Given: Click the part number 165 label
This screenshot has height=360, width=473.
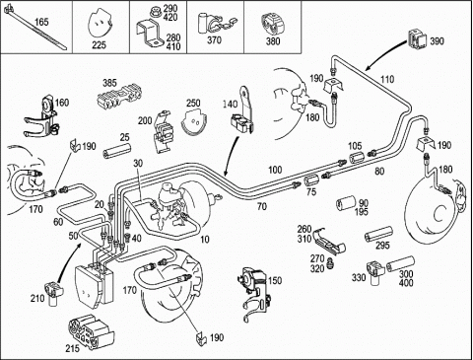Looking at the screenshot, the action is point(41,23).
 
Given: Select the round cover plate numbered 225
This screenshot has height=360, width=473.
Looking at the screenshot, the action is point(100,26).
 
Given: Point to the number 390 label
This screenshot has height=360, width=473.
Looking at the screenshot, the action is point(437,41).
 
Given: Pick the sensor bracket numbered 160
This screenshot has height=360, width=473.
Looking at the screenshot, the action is point(42,117).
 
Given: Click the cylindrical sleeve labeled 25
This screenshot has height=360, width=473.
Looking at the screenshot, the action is point(117,150).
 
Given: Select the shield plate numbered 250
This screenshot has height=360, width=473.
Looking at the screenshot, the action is point(194,122).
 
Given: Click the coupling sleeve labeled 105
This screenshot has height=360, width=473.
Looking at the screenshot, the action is point(357,157).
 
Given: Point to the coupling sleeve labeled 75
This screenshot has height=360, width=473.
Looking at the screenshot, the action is point(311,180).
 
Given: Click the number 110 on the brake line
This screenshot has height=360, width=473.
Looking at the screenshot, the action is point(387,79).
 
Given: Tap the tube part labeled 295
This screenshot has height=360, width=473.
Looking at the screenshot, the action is point(378,235).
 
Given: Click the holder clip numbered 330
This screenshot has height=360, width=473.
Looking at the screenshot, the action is point(375,272).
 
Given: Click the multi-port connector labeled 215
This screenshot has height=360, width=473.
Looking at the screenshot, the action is point(91,330).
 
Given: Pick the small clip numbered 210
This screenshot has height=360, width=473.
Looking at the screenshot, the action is point(54,294).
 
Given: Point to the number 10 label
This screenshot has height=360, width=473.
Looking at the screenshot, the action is point(205,239).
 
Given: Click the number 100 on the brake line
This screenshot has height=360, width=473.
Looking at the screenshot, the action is point(275,170).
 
